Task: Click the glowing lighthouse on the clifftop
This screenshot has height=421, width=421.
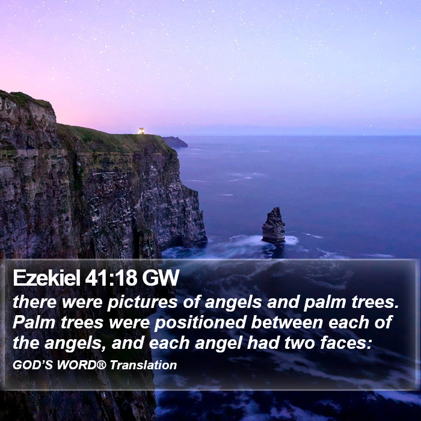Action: click(141, 131)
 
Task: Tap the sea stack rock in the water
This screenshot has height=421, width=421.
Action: click(274, 226)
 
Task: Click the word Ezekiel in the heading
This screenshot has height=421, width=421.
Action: click(47, 278)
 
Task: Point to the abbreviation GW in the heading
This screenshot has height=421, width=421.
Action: click(161, 278)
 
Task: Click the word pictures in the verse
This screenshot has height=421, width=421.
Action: click(143, 303)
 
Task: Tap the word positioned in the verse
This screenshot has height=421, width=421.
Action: click(200, 322)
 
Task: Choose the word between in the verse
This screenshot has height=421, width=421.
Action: click(287, 322)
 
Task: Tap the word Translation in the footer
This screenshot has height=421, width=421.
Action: click(143, 365)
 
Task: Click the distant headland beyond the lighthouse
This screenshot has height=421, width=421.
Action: click(175, 142)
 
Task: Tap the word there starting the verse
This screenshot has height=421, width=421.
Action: click(35, 303)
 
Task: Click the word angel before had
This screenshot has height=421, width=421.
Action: click(218, 343)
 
